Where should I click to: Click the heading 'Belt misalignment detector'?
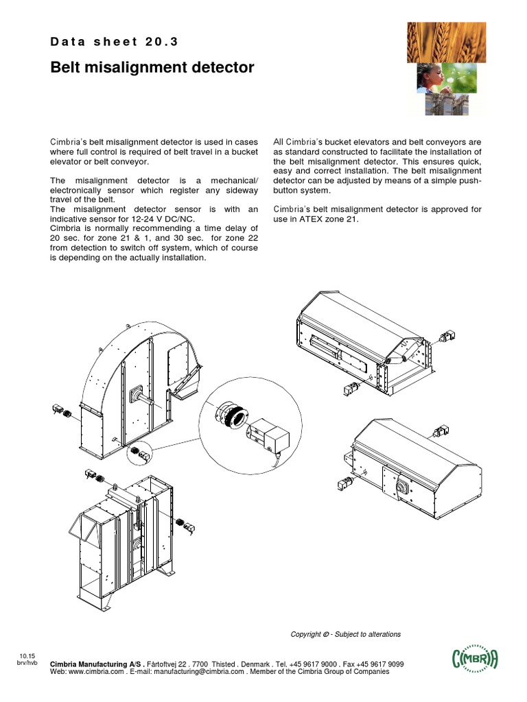[x=152, y=68]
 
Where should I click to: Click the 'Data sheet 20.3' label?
[x=115, y=42]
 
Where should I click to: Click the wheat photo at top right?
[x=445, y=41]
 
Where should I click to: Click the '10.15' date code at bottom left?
[x=27, y=657]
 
